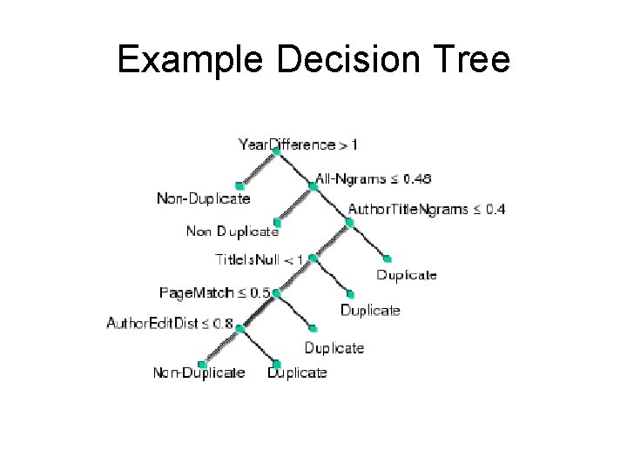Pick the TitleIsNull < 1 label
coord(260,258)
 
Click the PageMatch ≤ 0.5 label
coord(214,292)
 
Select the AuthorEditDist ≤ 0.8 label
coord(170,325)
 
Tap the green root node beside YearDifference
coord(276,151)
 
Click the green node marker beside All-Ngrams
coord(313,185)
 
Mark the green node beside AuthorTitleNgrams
coord(348,221)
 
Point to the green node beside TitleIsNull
coord(312,258)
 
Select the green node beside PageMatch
coord(275,293)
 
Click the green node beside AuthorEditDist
coord(239,329)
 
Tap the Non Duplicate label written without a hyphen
coord(233,232)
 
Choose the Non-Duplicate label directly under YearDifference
coord(203,198)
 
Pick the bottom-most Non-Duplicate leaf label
coord(199,373)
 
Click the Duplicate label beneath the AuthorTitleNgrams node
coord(407,275)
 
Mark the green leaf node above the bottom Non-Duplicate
coord(203,363)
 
